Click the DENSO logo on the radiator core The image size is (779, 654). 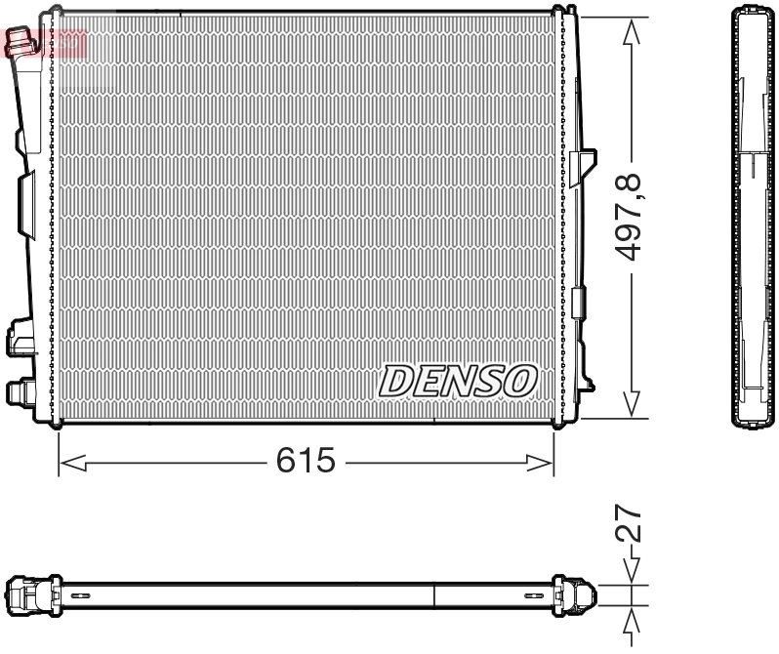click(x=458, y=381)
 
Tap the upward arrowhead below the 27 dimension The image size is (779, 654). click(x=633, y=624)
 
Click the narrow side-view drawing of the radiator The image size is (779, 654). click(x=754, y=217)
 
